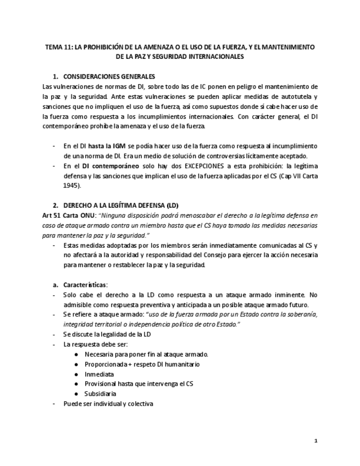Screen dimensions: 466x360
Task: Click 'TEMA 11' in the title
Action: tap(58, 47)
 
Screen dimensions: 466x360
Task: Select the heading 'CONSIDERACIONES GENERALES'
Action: tap(109, 76)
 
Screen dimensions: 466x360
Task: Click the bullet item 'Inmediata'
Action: tap(99, 374)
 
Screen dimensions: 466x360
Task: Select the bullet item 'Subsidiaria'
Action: tap(101, 393)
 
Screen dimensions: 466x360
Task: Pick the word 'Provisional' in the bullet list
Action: tap(102, 384)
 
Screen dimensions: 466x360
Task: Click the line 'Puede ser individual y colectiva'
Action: tap(108, 403)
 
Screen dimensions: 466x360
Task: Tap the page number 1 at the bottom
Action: tap(315, 440)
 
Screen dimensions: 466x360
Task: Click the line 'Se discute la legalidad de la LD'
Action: tap(107, 334)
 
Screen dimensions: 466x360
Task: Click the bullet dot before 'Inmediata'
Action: tap(76, 374)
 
